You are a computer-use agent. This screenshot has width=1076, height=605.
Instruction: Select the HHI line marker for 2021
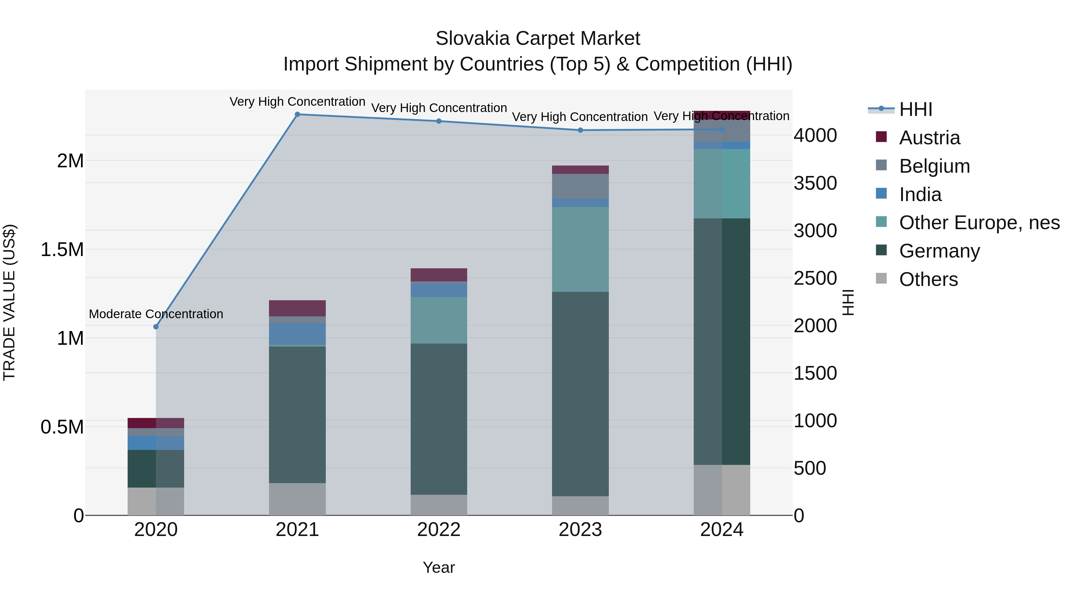tap(297, 114)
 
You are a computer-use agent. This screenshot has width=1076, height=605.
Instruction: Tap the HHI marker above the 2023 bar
tap(580, 130)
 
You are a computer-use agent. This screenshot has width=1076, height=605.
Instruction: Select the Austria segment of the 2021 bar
tap(297, 308)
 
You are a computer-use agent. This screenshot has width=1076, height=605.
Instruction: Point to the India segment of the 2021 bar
tap(297, 334)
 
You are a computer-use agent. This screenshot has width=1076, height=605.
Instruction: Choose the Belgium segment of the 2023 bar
tap(580, 186)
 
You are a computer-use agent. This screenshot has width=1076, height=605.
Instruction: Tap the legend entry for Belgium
tap(934, 166)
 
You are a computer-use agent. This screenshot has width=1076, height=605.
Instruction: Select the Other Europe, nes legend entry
tap(979, 223)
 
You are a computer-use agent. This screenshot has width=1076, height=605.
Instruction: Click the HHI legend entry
tap(915, 109)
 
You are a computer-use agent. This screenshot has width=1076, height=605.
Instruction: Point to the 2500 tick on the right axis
tap(815, 278)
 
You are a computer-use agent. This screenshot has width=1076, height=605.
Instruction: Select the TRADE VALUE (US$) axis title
tap(9, 302)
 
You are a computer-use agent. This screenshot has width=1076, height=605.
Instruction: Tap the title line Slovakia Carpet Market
tap(538, 39)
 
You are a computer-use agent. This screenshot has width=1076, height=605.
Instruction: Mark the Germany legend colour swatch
tap(881, 250)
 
